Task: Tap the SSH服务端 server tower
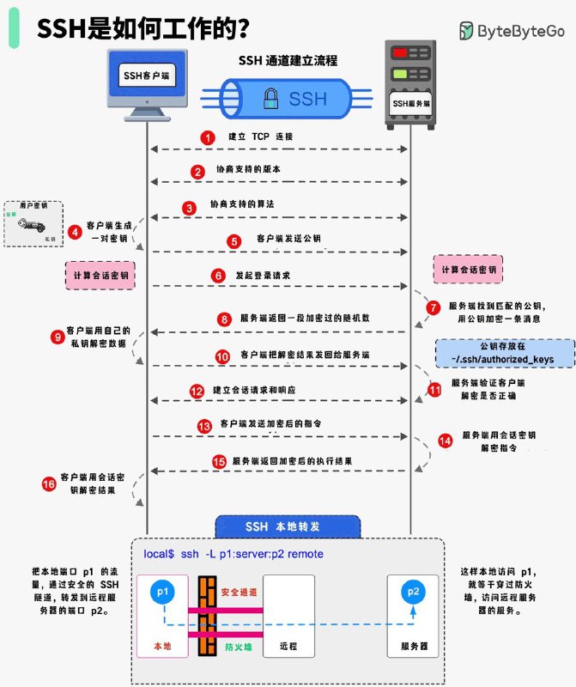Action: pyautogui.click(x=410, y=82)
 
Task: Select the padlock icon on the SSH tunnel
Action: pyautogui.click(x=270, y=99)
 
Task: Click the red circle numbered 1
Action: pyautogui.click(x=206, y=137)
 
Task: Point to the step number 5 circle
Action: pyautogui.click(x=233, y=240)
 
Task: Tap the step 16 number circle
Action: pyautogui.click(x=48, y=485)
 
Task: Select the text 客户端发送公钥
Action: pyautogui.click(x=289, y=238)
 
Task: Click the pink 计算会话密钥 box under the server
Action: pyautogui.click(x=468, y=270)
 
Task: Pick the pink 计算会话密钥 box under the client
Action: pyautogui.click(x=102, y=276)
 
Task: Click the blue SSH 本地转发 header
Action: pyautogui.click(x=288, y=526)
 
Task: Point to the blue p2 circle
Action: pyautogui.click(x=413, y=592)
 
